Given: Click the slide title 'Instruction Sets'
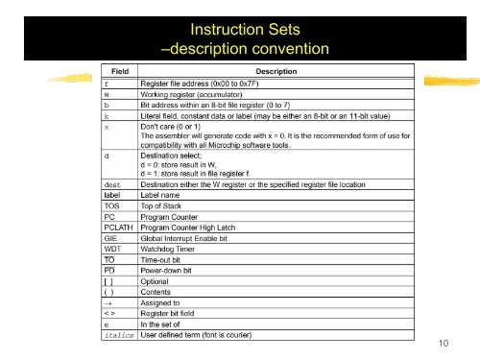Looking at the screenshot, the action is coord(240,16).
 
